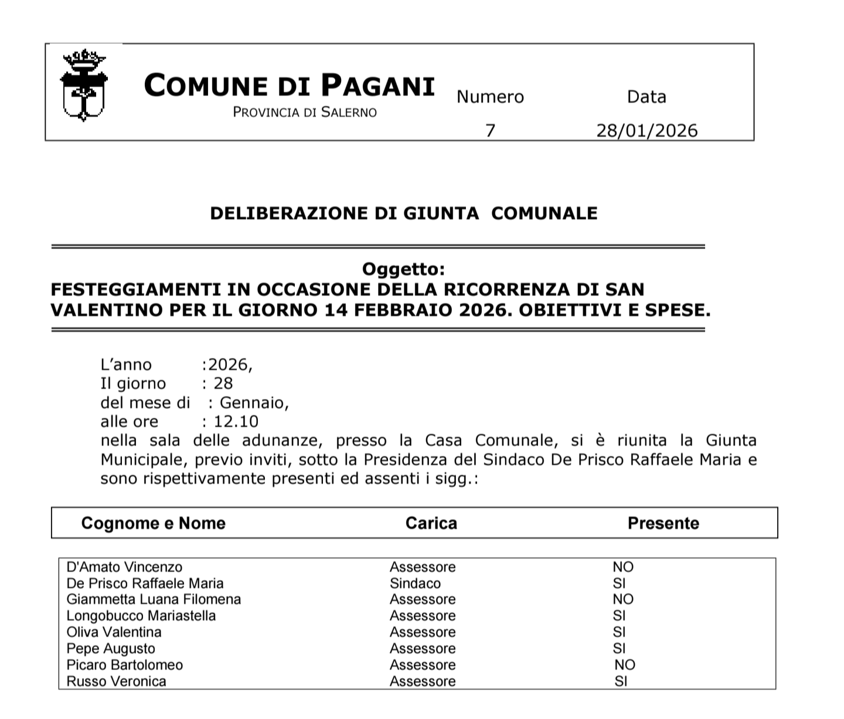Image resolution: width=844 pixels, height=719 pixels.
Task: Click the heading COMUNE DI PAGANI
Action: pos(289,86)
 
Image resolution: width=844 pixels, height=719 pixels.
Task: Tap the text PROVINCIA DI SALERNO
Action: pos(305,112)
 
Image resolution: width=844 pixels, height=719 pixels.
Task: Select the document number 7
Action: pos(491,130)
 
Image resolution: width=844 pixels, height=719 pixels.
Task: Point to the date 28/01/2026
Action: pos(647,130)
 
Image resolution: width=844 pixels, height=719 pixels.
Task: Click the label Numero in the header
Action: pos(490,97)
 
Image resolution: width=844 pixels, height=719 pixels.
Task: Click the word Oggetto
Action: pos(403,269)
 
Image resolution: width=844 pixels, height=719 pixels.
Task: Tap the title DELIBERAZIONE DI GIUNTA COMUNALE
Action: pos(404,213)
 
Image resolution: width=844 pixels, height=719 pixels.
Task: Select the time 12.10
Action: pos(236,421)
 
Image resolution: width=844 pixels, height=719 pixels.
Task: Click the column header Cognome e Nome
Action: pos(153,523)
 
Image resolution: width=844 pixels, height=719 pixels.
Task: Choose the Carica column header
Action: pos(431,523)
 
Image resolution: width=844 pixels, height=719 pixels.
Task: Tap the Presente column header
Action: pos(663,523)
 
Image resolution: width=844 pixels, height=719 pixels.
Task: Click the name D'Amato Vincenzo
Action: pos(124,567)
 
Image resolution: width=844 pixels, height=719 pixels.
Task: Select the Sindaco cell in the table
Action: pos(415,584)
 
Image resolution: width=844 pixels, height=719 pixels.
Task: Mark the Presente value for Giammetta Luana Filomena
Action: pos(623,599)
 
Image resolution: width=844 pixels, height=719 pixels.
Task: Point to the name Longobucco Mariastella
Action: pos(141,616)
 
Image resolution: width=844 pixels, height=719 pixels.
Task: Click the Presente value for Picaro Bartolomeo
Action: pos(625,665)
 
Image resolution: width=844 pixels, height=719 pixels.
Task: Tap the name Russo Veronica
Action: pos(116,681)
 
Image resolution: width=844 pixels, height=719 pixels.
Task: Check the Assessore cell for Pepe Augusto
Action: pos(423,649)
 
